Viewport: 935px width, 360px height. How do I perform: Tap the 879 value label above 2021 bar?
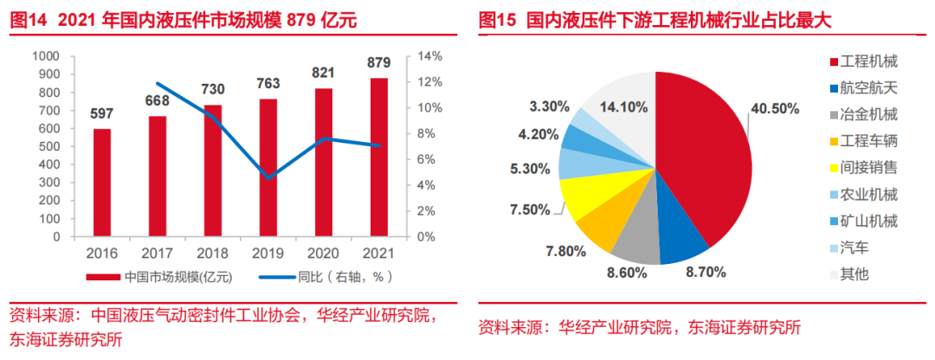pyautogui.click(x=379, y=63)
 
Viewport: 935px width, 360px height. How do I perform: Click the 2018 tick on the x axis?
pyautogui.click(x=213, y=254)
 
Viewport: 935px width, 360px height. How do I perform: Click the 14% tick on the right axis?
pyautogui.click(x=430, y=56)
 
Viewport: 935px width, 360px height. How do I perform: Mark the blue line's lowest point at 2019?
pyautogui.click(x=268, y=177)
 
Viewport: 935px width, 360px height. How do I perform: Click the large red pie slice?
pyautogui.click(x=701, y=164)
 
